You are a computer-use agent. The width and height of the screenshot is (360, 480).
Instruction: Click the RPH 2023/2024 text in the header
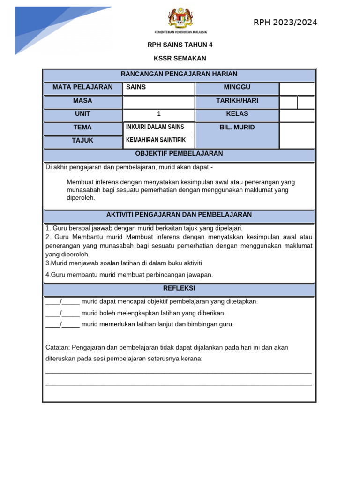[285, 22]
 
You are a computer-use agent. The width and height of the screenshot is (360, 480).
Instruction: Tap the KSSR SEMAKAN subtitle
[180, 59]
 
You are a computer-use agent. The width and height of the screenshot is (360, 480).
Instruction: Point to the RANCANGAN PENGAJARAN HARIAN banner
[179, 74]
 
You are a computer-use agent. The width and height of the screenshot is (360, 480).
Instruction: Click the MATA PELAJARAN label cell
[82, 87]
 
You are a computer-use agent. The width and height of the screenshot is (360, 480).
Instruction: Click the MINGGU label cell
[237, 87]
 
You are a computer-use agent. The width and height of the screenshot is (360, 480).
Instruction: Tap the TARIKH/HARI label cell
[237, 101]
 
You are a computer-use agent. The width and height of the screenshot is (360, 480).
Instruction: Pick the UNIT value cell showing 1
[158, 114]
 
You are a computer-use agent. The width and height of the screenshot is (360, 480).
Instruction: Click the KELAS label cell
[237, 114]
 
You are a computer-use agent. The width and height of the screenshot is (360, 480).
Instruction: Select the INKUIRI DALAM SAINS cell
[158, 127]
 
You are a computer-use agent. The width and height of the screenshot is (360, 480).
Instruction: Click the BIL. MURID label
[237, 127]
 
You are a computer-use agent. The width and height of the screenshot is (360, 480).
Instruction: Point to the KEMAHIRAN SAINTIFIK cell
[158, 141]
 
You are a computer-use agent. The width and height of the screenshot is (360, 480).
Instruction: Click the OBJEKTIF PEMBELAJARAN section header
[179, 154]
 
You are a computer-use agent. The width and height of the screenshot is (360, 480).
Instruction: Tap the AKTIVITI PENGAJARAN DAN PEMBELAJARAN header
[179, 215]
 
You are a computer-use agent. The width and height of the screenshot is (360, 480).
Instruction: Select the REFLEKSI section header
[179, 288]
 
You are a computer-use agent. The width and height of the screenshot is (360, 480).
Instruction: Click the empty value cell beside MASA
[158, 101]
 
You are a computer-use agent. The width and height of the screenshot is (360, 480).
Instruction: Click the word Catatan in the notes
[57, 347]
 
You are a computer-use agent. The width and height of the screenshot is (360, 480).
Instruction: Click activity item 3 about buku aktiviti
[124, 263]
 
